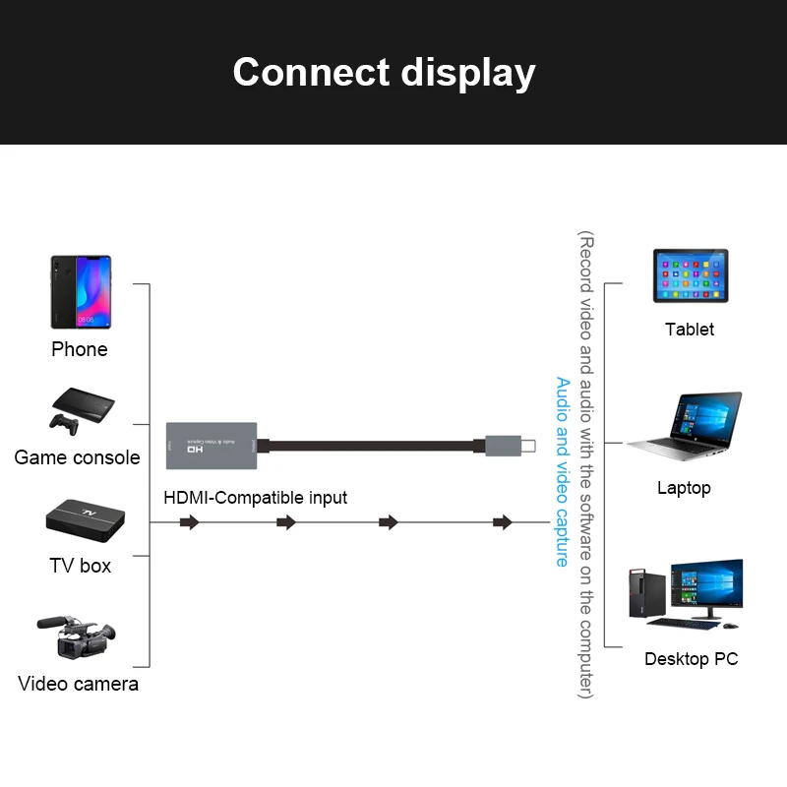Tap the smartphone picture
click(x=81, y=292)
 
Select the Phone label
click(x=80, y=349)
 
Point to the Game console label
click(x=78, y=457)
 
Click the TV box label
click(x=81, y=566)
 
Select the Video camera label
click(x=79, y=684)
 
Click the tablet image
click(x=691, y=276)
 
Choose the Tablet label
click(x=690, y=330)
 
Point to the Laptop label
click(x=684, y=488)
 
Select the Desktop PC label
click(x=691, y=659)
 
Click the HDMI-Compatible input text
click(x=255, y=498)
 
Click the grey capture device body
click(x=212, y=444)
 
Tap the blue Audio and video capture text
click(x=562, y=472)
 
